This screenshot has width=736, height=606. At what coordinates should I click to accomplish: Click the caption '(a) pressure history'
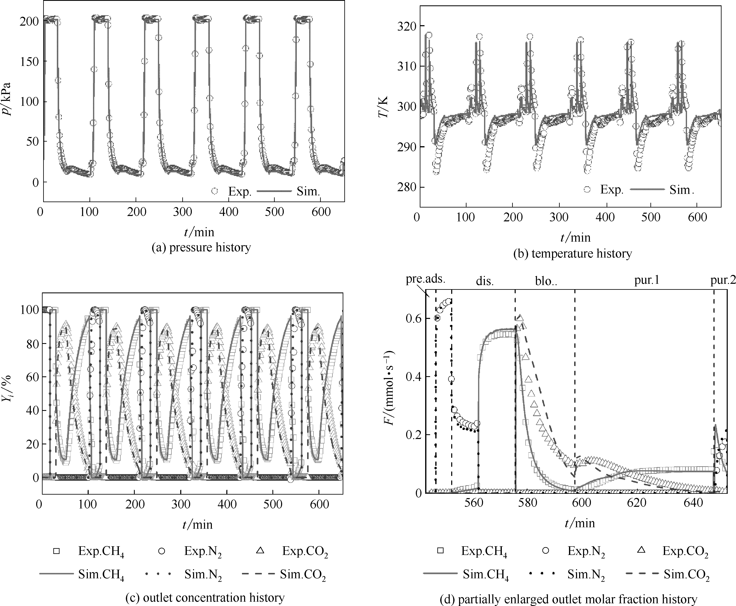[x=201, y=247]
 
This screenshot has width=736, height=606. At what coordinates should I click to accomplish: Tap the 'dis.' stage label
[x=485, y=281]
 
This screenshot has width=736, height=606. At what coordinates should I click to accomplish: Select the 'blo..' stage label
[x=546, y=281]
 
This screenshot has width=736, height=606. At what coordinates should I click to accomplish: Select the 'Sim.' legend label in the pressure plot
[x=308, y=191]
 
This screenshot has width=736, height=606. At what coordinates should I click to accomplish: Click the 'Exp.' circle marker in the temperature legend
[x=587, y=189]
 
